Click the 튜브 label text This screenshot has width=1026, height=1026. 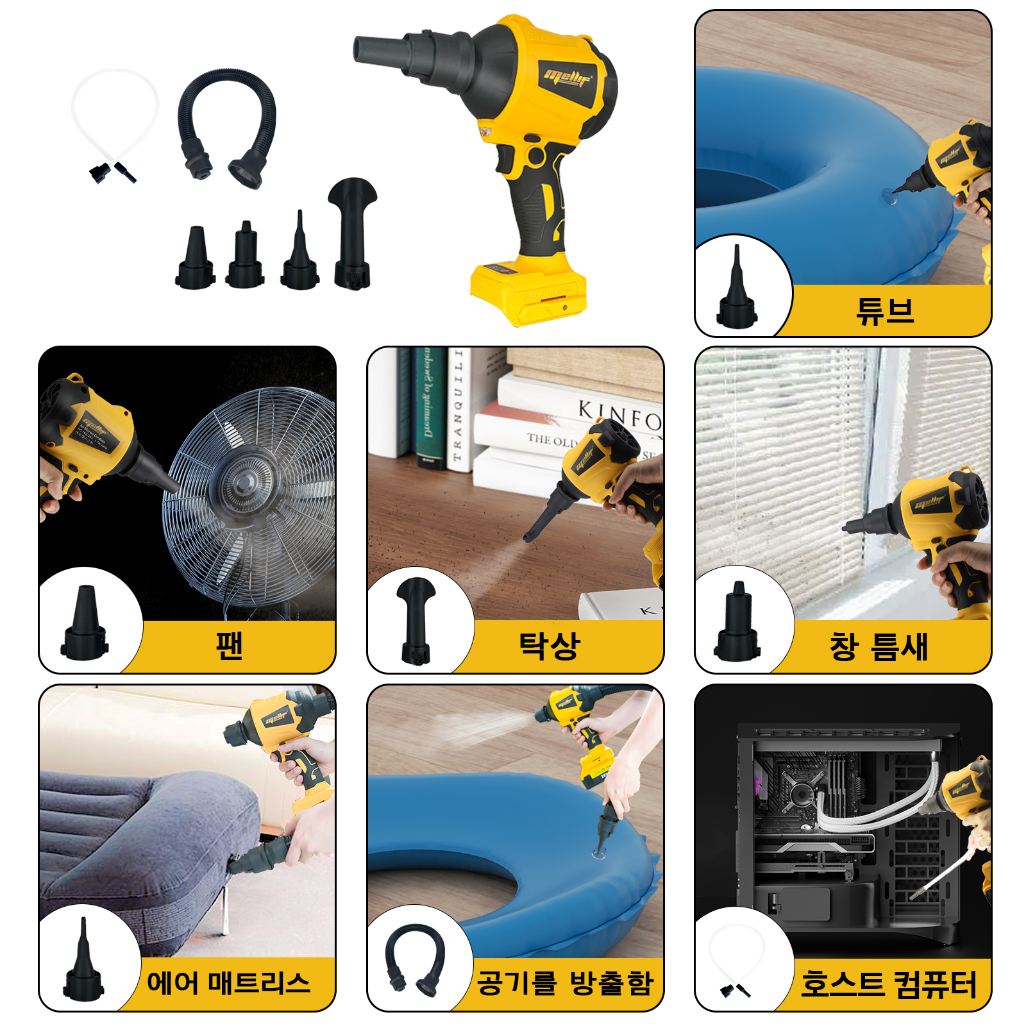pyautogui.click(x=885, y=311)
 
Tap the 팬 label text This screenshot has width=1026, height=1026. pyautogui.click(x=229, y=645)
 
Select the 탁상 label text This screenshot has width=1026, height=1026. pyautogui.click(x=549, y=645)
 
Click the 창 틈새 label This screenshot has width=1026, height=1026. pyautogui.click(x=878, y=646)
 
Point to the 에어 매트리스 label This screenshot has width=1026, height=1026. pyautogui.click(x=228, y=982)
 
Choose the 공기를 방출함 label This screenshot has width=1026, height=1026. pyautogui.click(x=564, y=982)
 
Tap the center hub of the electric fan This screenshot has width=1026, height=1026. pyautogui.click(x=244, y=481)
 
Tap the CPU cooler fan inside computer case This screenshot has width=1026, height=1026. pyautogui.click(x=802, y=794)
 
